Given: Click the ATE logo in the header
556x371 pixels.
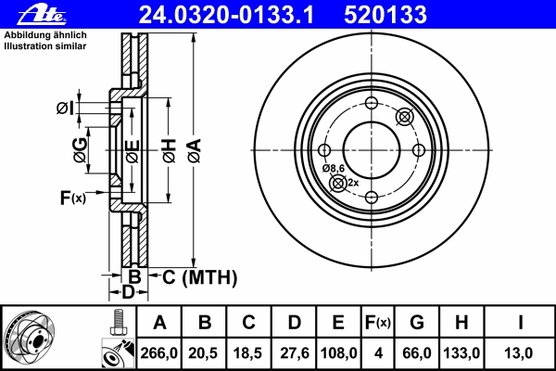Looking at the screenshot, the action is (x=42, y=15).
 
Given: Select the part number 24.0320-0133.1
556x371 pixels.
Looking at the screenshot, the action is (x=226, y=15).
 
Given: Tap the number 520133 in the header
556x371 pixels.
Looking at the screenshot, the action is (x=385, y=15).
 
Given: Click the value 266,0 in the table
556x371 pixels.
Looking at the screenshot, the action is (x=158, y=353).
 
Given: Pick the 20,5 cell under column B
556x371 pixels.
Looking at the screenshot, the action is (x=203, y=353).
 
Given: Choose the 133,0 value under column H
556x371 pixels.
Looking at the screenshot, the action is (x=461, y=353).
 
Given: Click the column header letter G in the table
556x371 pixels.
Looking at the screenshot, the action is (x=417, y=323).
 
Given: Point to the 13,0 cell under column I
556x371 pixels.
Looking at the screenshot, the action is (x=518, y=353).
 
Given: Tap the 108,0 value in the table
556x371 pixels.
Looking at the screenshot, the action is (x=338, y=353).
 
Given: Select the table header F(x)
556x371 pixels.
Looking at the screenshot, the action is (x=378, y=323).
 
